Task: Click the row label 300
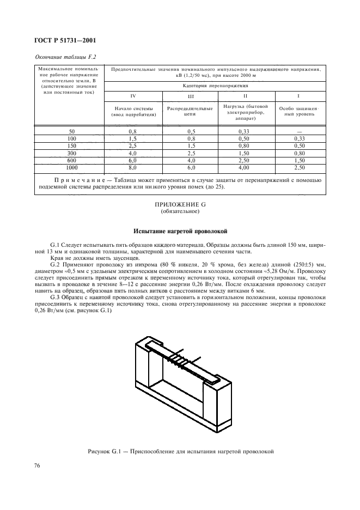pos(72,154)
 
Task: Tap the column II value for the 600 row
pos(244,161)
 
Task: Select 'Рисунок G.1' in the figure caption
pos(105,451)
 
